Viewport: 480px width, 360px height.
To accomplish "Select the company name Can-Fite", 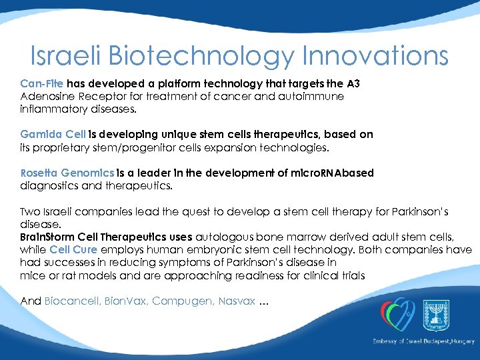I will click(42, 84).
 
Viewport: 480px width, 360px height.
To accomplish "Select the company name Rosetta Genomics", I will click(67, 173).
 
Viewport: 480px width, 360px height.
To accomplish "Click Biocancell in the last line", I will click(69, 301).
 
